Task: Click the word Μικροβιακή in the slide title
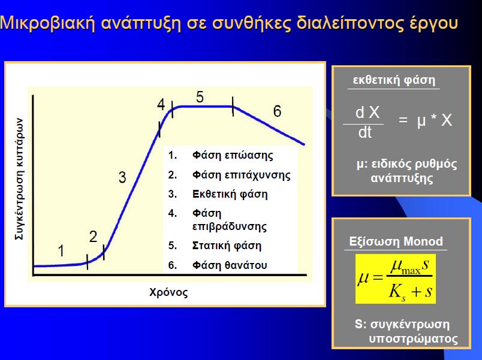pos(47,23)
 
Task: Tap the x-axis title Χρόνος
pos(168,292)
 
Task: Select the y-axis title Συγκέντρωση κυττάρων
pos(19,179)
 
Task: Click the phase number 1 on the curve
pos(61,250)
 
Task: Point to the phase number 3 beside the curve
pos(122,177)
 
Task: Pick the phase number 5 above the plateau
pos(200,97)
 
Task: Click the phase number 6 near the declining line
pos(278,111)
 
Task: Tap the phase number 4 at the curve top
pos(161,105)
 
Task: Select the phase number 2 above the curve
pos(93,237)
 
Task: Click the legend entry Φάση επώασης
pos(233,155)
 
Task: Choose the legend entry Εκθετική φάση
pos(230,194)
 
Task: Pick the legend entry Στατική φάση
pos(227,246)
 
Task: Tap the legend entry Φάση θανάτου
pos(230,265)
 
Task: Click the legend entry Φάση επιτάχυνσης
pos(242,175)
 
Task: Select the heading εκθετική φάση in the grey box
pos(394,80)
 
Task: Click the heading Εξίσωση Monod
pos(396,241)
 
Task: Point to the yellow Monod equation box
pos(395,279)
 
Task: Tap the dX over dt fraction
pos(366,122)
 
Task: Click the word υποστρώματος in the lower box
pos(413,338)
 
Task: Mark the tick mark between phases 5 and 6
pos(233,106)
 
